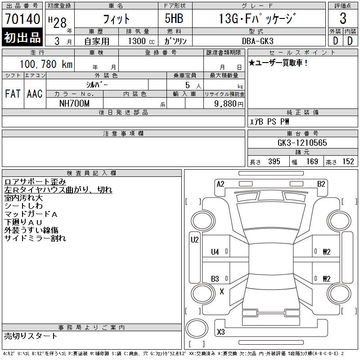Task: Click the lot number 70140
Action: pos(22,18)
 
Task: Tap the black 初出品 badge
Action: pos(22,37)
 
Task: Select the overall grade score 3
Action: pos(343,18)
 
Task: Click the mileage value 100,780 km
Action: pos(46,64)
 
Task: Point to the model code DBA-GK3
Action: pos(257,41)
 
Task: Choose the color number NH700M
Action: pos(74,103)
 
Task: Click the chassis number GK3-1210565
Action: pos(302,143)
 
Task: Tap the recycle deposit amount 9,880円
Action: pos(229,104)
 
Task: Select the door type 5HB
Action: pos(174,18)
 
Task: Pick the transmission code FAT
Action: pos(13,94)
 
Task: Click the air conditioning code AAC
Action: pos(35,94)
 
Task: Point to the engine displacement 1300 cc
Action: pos(141,41)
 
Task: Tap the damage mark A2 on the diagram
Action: pos(220,184)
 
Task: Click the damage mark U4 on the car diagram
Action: pos(215,252)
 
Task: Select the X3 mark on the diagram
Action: pos(221,332)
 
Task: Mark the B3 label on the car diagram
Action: pos(215,279)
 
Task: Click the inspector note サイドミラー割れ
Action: pos(35,238)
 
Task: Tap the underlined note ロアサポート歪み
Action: pos(35,182)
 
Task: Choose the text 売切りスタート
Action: pos(31,336)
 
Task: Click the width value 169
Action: pos(312,162)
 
